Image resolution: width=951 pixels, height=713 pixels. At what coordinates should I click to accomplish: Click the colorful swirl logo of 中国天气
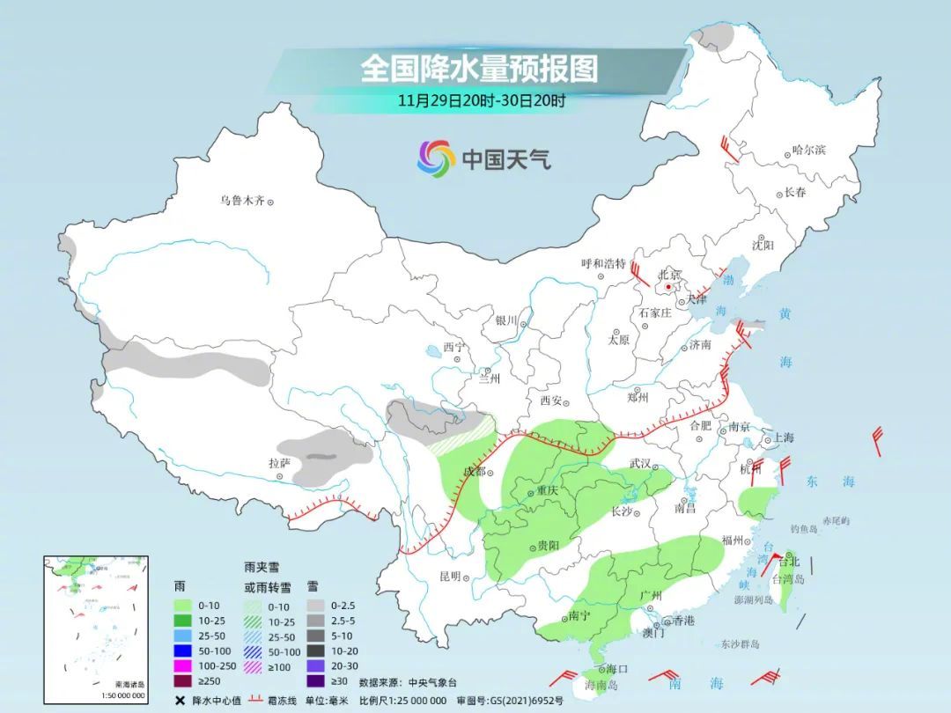point(435,158)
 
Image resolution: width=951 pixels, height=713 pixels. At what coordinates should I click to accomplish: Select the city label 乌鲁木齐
point(241,201)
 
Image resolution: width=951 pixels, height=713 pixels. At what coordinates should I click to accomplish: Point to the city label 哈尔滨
point(808,151)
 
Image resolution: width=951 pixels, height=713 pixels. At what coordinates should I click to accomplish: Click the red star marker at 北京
point(670,287)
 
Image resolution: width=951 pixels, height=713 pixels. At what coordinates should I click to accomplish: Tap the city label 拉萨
point(279,463)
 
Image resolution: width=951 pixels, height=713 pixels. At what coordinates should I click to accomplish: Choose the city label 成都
point(474,471)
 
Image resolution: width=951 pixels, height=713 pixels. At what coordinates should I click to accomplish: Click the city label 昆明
point(449,577)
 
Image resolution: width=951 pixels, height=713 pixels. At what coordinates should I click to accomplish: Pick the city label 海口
point(616,670)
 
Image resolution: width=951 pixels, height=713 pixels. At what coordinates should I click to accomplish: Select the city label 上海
point(782,437)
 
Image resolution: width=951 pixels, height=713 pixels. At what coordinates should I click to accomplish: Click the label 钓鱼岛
point(805,529)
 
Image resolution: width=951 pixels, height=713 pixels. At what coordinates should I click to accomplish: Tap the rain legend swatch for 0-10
point(183,606)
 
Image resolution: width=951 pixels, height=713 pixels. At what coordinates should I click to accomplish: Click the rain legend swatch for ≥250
point(183,680)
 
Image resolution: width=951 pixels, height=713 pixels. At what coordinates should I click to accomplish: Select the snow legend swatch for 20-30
point(316,665)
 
